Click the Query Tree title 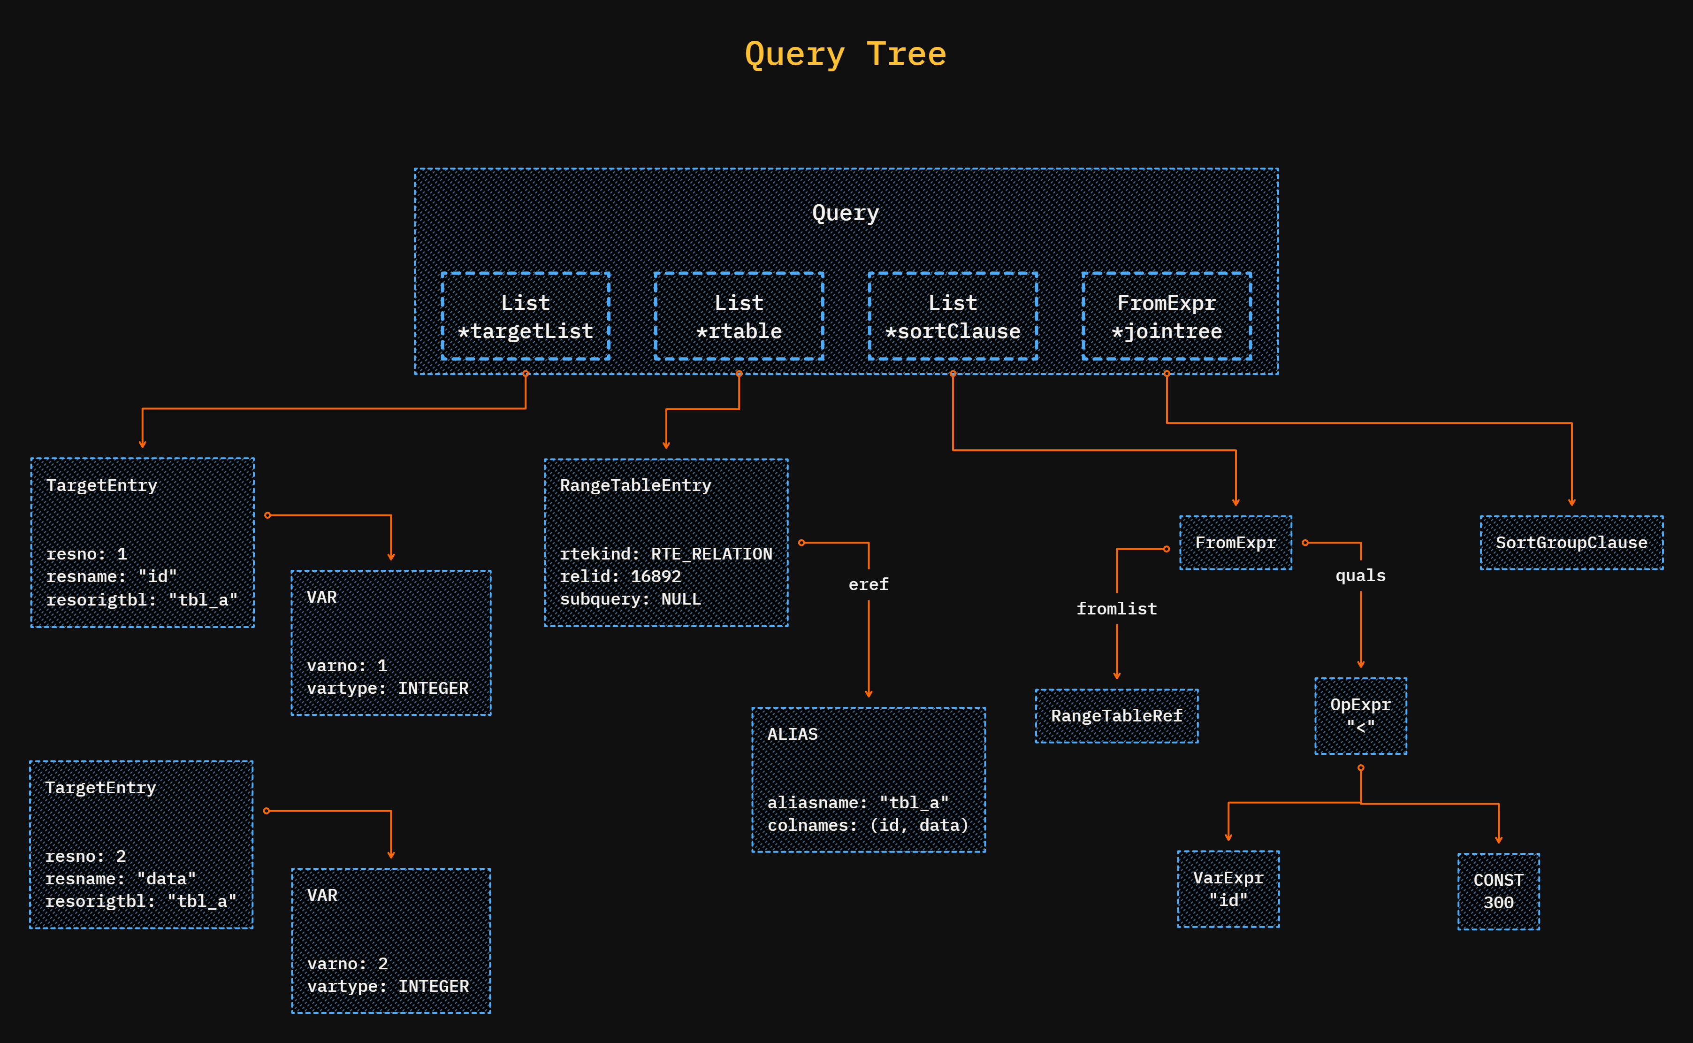(846, 54)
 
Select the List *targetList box (526, 317)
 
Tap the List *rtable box (739, 317)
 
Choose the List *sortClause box (953, 317)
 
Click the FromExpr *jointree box (1166, 317)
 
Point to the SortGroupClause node (1571, 543)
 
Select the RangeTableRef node (1116, 716)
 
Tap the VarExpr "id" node (1228, 889)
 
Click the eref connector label (868, 584)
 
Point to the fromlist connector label (1116, 608)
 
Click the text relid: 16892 (620, 576)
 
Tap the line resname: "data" (120, 878)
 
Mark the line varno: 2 (347, 963)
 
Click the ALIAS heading (793, 734)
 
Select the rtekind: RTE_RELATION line (665, 553)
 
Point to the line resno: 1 (86, 553)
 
